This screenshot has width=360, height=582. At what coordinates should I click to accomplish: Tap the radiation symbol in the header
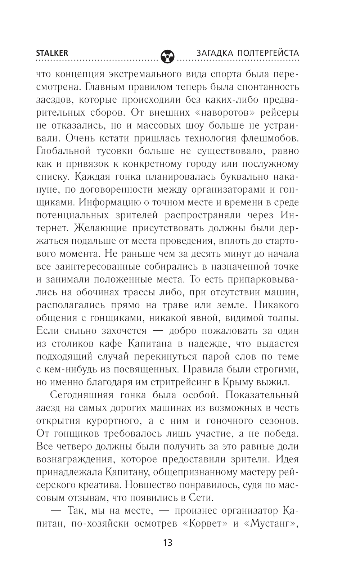point(167,56)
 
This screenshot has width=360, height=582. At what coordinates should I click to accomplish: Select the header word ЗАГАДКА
point(214,53)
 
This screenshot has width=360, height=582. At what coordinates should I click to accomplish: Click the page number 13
point(167,542)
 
